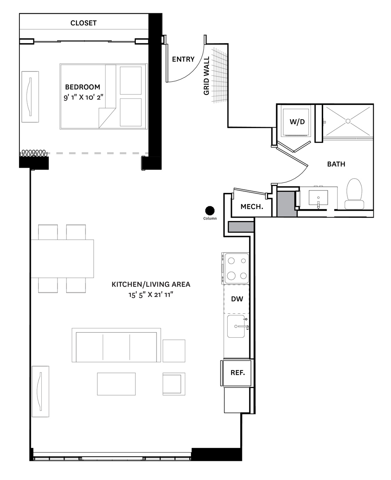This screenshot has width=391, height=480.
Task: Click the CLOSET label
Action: [x=83, y=23]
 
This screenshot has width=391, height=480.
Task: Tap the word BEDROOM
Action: [x=83, y=87]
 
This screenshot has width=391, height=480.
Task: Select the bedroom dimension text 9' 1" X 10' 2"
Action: [x=83, y=97]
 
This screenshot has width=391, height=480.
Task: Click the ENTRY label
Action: [x=183, y=59]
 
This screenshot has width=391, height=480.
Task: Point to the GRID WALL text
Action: [x=206, y=76]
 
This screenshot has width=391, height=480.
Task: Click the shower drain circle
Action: [x=348, y=121]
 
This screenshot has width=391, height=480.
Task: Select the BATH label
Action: [x=336, y=164]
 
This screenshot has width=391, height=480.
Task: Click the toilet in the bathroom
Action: [x=354, y=194]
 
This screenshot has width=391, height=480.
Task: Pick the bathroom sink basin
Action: [x=318, y=197]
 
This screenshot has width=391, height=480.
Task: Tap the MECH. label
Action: [x=252, y=207]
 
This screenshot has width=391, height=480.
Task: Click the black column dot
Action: [x=210, y=211]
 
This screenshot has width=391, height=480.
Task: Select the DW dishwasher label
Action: [x=237, y=299]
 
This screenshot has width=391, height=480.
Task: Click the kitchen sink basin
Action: [x=236, y=326]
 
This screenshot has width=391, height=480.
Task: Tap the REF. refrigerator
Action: [x=237, y=373]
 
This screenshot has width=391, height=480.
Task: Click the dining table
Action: [x=62, y=259]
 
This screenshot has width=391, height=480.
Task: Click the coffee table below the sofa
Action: [x=116, y=384]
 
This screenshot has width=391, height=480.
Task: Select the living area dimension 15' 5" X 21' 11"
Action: [x=151, y=295]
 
